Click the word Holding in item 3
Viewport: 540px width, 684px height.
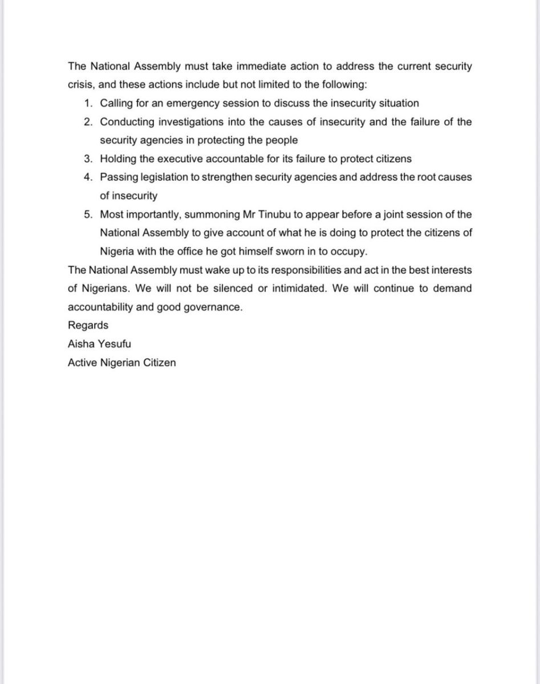click(117, 158)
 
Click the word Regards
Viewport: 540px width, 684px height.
click(88, 325)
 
